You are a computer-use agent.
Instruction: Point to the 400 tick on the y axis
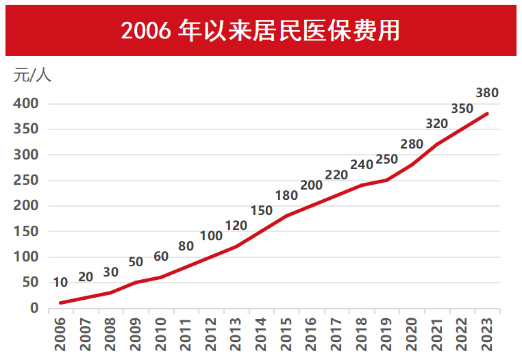(x=26, y=104)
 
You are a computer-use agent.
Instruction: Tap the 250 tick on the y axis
(x=26, y=181)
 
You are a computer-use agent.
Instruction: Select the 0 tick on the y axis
(x=34, y=308)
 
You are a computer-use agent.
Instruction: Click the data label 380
(x=486, y=93)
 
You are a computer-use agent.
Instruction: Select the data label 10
(x=60, y=283)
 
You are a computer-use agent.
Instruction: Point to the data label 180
(x=286, y=196)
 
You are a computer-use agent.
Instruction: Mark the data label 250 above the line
(x=386, y=159)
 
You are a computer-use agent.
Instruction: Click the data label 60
(x=161, y=257)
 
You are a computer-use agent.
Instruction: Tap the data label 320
(x=436, y=124)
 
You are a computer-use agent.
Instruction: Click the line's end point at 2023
(x=487, y=114)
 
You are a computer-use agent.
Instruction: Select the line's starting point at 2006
(x=62, y=303)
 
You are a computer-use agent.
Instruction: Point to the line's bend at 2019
(x=387, y=180)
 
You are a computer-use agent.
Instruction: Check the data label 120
(x=236, y=226)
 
